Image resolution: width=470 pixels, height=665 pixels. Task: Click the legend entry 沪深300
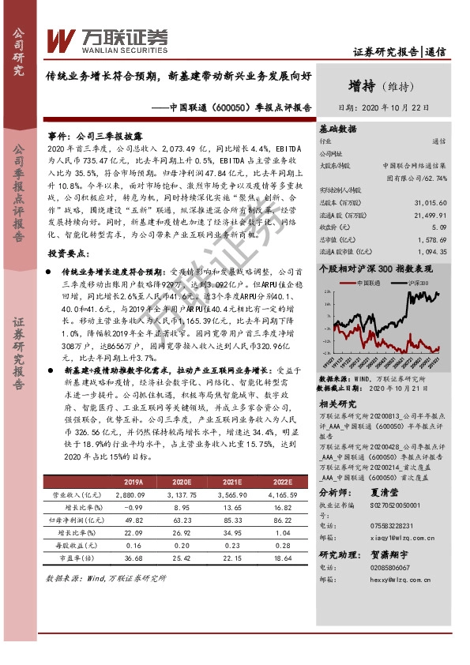(x=415, y=280)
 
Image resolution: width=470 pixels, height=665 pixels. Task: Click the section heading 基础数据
(x=337, y=128)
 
